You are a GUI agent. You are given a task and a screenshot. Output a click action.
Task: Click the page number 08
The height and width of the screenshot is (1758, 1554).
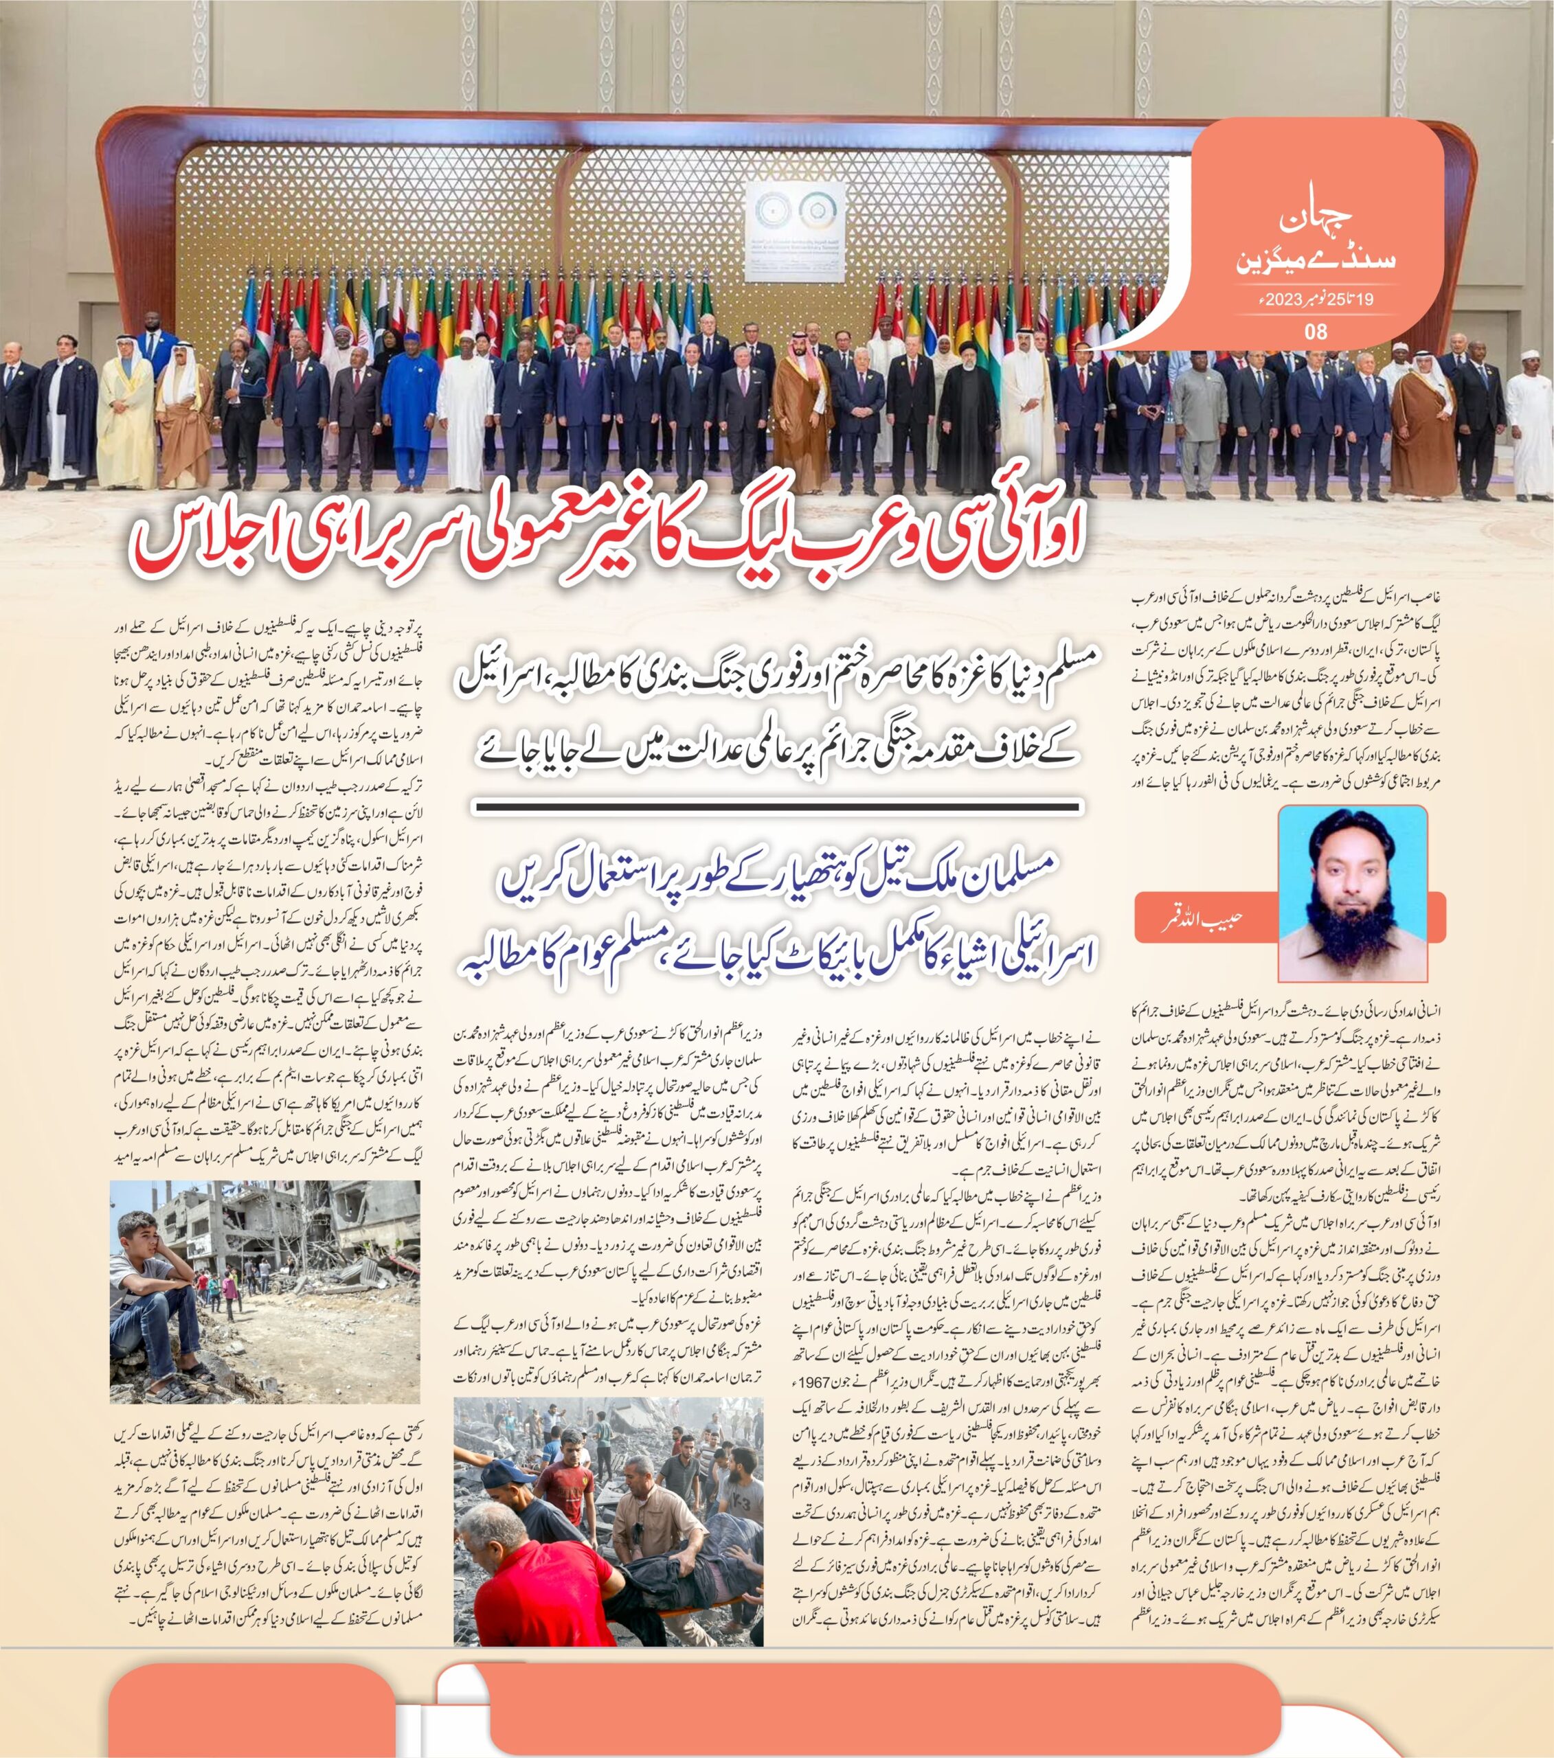tap(1316, 332)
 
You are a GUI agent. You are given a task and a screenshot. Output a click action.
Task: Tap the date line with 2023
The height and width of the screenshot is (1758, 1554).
tap(1314, 301)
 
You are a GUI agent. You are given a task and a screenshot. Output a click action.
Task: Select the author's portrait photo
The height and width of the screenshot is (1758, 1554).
tap(1352, 895)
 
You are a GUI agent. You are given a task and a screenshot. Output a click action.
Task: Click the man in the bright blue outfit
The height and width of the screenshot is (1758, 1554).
tap(409, 404)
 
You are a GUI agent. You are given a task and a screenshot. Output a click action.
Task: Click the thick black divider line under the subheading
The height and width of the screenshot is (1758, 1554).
tap(779, 808)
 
